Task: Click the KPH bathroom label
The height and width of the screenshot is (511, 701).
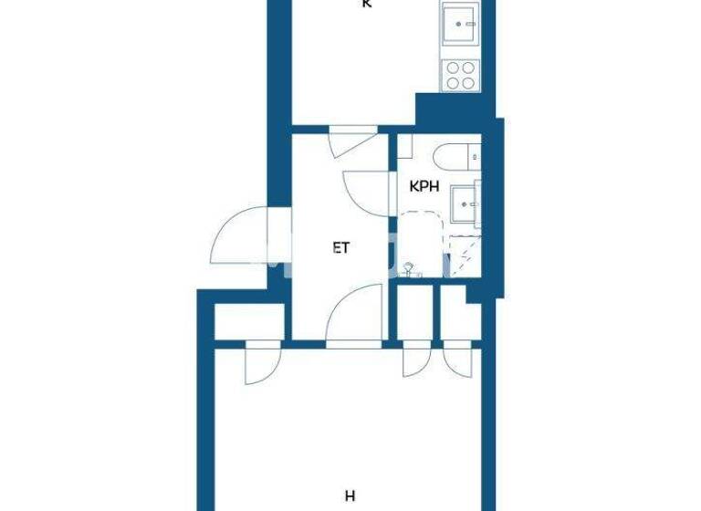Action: point(424,187)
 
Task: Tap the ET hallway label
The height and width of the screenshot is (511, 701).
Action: point(340,245)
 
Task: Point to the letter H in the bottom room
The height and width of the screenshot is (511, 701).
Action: point(350,496)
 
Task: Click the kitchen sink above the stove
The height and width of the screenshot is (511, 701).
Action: point(459,24)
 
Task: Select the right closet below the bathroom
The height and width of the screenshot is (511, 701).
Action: point(457,316)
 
